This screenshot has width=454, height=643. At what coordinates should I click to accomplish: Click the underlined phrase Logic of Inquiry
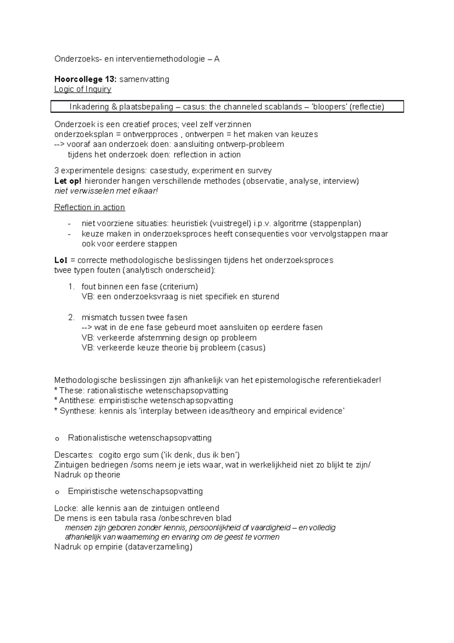(x=82, y=89)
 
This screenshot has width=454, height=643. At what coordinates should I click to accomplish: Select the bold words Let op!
(x=68, y=181)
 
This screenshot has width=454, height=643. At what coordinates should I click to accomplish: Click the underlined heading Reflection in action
(x=89, y=208)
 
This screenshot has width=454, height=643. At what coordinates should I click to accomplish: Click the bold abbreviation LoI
(x=61, y=260)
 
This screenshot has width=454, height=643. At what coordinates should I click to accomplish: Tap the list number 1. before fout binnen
(x=72, y=287)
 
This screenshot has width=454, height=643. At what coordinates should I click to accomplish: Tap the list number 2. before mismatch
(x=72, y=317)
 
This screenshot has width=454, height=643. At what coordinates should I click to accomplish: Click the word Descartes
(x=73, y=455)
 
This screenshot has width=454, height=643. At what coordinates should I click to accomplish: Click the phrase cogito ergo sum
(x=126, y=455)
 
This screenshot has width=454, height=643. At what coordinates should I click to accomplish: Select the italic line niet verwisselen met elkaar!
(x=106, y=191)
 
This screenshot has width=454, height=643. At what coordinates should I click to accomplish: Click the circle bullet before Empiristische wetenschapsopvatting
(x=57, y=492)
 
